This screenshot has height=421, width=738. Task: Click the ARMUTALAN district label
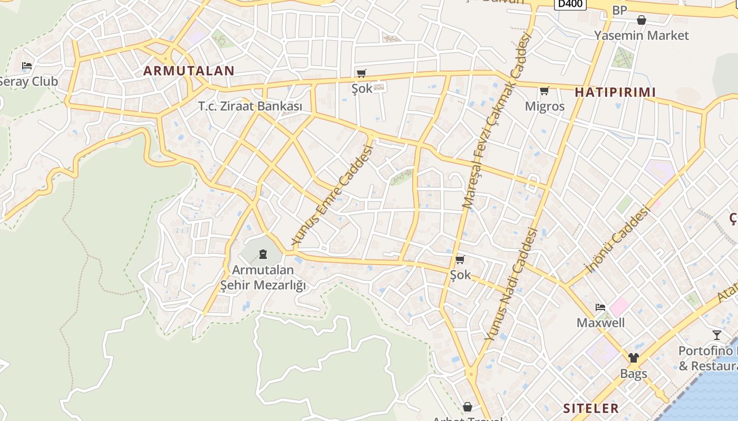point(189,71)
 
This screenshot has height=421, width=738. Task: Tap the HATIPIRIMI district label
point(615,93)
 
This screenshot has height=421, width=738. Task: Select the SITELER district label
point(591,408)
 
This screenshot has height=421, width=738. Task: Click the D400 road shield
point(570,4)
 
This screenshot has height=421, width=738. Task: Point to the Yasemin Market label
point(641,35)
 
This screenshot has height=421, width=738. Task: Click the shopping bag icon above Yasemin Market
point(642,21)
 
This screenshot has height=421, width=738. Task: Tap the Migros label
point(545,106)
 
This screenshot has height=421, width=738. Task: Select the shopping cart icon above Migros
point(545,91)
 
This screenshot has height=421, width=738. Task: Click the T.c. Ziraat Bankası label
point(250,106)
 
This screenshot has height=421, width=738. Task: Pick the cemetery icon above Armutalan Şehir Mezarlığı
point(263,255)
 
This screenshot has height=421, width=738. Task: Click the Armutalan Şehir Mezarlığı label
point(263,277)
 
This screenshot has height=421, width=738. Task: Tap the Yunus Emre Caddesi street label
point(333,195)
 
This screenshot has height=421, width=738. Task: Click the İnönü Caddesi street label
point(617,240)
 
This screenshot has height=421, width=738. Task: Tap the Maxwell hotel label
point(600,323)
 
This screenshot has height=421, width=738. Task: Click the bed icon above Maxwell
point(600,307)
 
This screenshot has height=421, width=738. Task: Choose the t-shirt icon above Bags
point(633,358)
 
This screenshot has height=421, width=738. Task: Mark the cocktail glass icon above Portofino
point(716,335)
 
